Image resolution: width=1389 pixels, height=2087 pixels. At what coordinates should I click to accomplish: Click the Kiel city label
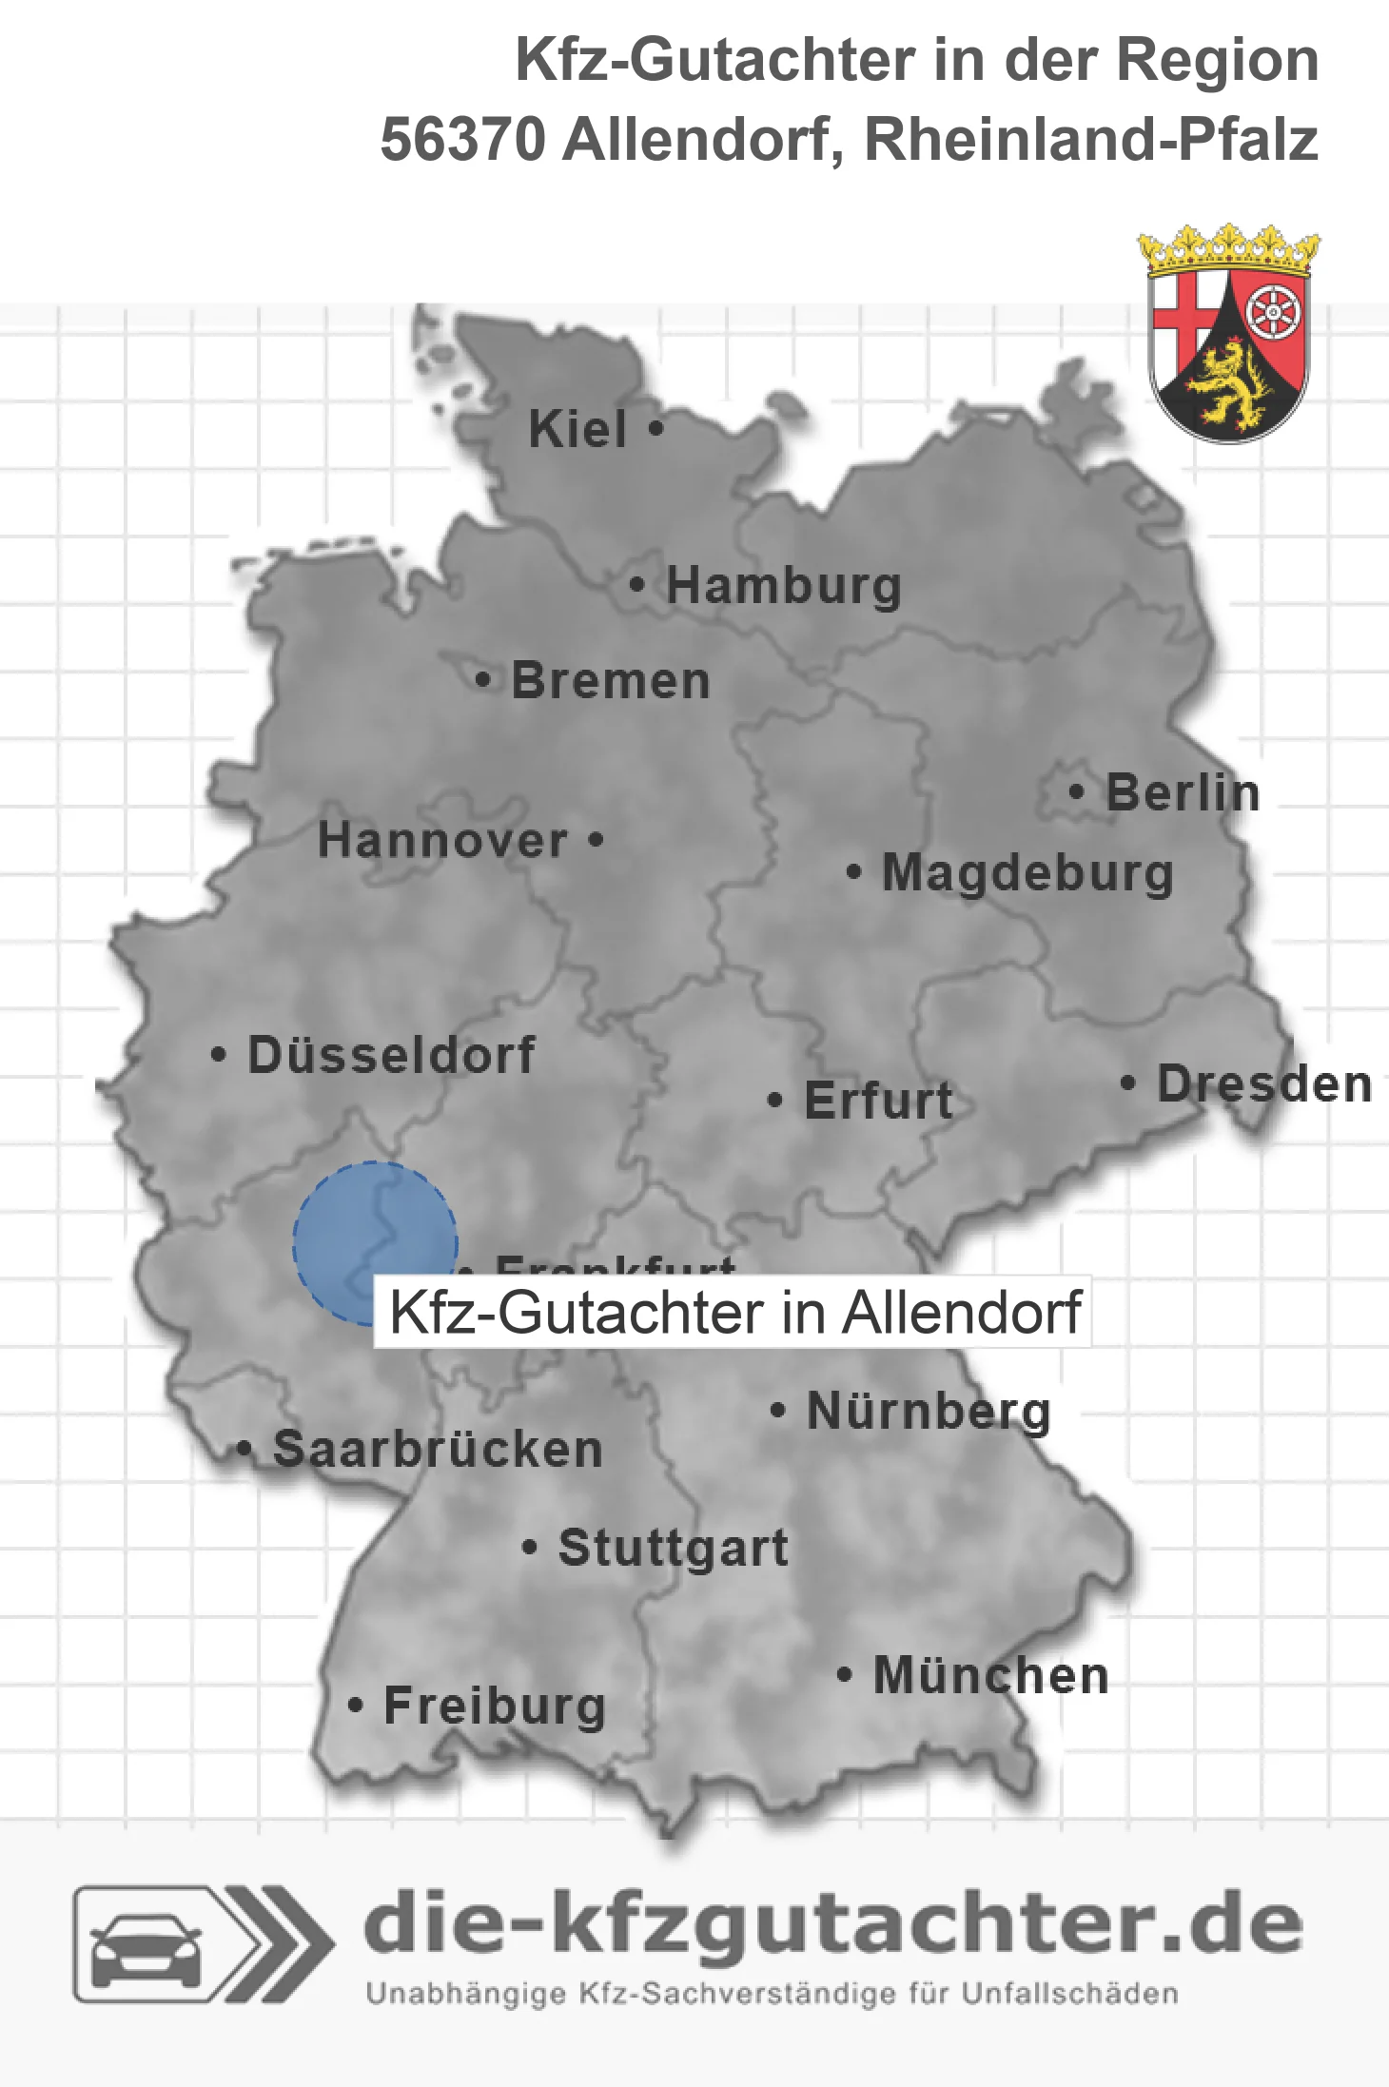pyautogui.click(x=577, y=429)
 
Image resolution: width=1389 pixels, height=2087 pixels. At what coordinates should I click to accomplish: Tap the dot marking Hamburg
pyautogui.click(x=637, y=584)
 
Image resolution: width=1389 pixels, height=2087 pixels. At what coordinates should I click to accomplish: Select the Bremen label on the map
pyautogui.click(x=611, y=681)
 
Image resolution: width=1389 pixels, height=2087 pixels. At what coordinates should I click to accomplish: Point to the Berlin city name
pyautogui.click(x=1183, y=792)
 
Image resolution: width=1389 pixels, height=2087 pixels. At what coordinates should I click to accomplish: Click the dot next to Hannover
pyautogui.click(x=596, y=839)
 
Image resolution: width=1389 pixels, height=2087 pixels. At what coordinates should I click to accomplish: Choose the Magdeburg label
pyautogui.click(x=1027, y=873)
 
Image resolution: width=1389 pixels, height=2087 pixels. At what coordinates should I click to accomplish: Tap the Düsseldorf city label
pyautogui.click(x=391, y=1055)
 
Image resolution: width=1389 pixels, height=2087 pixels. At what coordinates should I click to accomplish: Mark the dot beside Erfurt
pyautogui.click(x=774, y=1101)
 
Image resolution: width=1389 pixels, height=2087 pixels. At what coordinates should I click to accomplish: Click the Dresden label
pyautogui.click(x=1264, y=1084)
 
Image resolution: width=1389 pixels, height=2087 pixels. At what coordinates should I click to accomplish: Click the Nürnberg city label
pyautogui.click(x=929, y=1411)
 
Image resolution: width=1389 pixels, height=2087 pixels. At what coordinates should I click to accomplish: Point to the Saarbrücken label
pyautogui.click(x=438, y=1450)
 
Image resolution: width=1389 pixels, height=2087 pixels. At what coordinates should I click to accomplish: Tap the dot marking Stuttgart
pyautogui.click(x=530, y=1548)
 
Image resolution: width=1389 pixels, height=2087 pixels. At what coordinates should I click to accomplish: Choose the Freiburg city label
pyautogui.click(x=495, y=1706)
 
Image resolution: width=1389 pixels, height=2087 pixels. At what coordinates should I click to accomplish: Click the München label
pyautogui.click(x=991, y=1675)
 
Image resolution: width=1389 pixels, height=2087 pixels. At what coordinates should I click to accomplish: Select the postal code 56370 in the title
pyautogui.click(x=462, y=140)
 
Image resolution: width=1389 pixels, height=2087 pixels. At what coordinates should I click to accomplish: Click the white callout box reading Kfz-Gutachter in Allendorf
pyautogui.click(x=733, y=1313)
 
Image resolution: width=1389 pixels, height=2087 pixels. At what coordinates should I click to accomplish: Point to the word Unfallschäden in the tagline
pyautogui.click(x=1070, y=1994)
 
